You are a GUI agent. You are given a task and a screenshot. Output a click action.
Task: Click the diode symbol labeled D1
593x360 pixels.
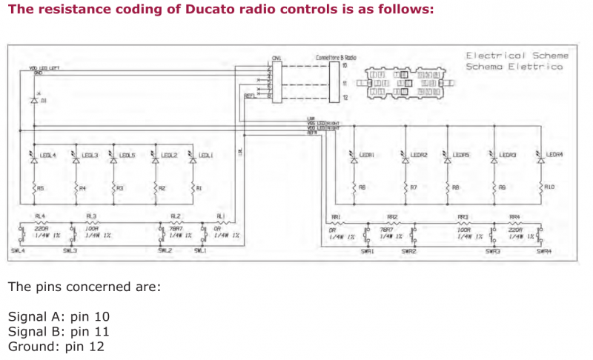34,99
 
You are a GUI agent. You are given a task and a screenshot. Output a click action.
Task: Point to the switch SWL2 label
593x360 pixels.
165,251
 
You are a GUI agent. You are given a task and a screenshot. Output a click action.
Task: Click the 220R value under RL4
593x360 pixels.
41,229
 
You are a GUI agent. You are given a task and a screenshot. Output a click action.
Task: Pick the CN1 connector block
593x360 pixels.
276,78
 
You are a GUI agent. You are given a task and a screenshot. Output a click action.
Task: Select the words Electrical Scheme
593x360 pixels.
517,56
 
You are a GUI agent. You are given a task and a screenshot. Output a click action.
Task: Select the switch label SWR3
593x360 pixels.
493,251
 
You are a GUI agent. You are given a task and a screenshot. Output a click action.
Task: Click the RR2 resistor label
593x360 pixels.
392,217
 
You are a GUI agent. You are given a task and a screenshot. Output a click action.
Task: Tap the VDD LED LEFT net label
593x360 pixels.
44,67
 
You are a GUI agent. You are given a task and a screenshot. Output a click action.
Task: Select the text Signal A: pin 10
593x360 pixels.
59,316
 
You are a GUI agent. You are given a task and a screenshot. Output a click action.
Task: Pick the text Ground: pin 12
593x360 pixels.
56,346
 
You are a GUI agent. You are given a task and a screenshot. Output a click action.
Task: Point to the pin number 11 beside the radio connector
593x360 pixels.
345,83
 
